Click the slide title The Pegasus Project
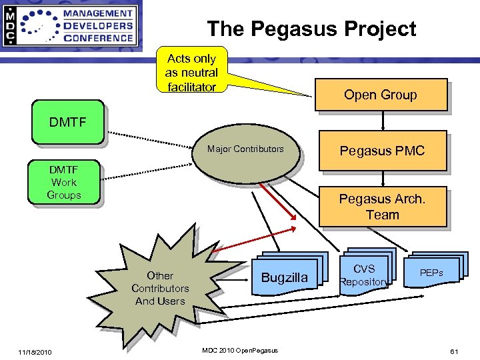click(311, 29)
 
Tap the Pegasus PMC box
click(382, 151)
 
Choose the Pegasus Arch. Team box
click(382, 207)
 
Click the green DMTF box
click(67, 122)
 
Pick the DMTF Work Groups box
click(64, 182)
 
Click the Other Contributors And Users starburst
click(160, 288)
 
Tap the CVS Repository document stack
click(364, 274)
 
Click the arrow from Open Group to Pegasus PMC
click(383, 121)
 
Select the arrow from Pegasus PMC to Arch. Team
click(383, 177)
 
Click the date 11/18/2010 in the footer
click(35, 352)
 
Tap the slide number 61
click(454, 351)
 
